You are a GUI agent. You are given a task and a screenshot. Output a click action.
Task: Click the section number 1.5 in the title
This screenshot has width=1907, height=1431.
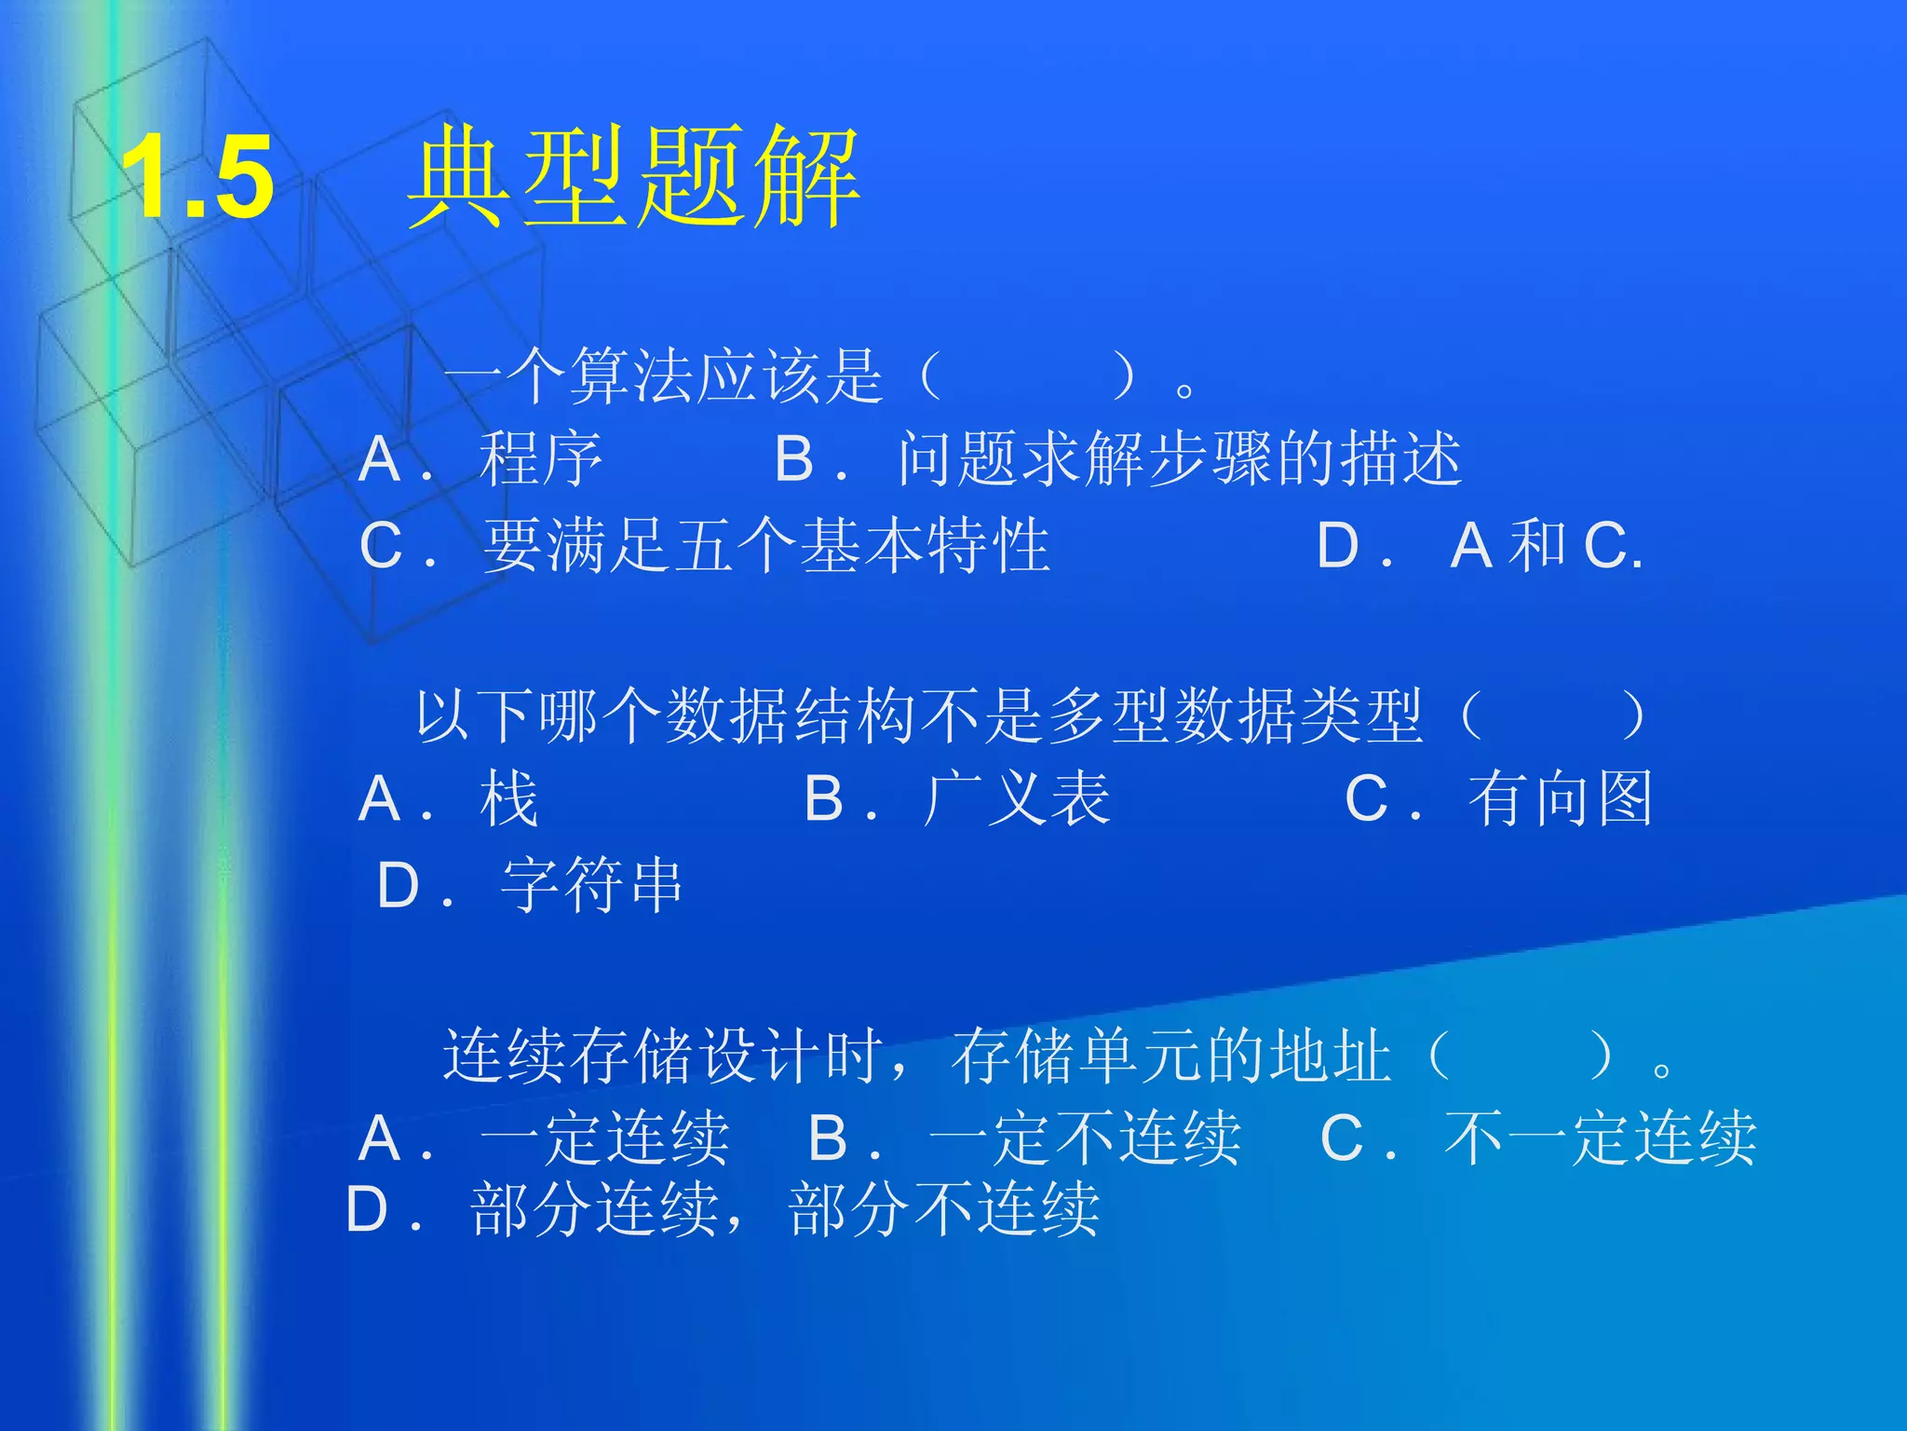(197, 177)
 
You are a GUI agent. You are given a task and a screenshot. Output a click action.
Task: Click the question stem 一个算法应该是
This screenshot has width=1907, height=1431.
(663, 376)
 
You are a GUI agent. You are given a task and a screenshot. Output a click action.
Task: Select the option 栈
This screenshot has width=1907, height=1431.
(509, 799)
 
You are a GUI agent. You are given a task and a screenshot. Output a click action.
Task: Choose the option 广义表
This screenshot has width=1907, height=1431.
(1018, 799)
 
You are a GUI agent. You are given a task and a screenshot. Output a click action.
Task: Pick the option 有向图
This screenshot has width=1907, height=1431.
(1561, 799)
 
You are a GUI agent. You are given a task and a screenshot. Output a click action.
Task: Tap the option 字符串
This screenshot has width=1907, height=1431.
(592, 885)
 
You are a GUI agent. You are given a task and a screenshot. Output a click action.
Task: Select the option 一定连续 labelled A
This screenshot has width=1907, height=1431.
(604, 1138)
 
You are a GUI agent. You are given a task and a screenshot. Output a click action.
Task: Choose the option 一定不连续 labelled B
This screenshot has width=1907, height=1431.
(1085, 1138)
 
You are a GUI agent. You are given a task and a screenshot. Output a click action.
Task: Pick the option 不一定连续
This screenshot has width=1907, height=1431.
(1600, 1138)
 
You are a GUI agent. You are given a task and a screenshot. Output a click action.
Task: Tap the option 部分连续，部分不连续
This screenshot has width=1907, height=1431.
(785, 1210)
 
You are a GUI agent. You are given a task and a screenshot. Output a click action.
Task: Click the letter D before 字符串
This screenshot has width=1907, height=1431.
(399, 885)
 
